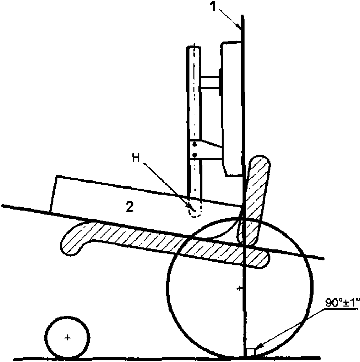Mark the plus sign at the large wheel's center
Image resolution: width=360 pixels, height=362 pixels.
239,288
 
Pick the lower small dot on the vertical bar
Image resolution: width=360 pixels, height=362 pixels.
195,154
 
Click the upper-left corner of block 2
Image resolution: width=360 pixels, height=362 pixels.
57,176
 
